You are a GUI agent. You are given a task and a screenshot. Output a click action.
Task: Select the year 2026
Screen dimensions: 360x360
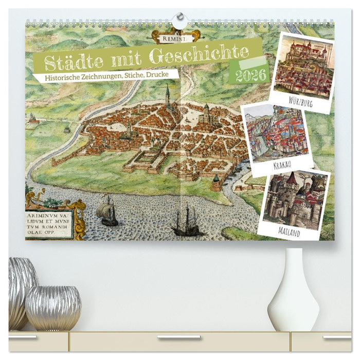(251, 76)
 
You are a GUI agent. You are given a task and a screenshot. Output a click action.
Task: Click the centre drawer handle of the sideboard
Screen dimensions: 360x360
(179, 338)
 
